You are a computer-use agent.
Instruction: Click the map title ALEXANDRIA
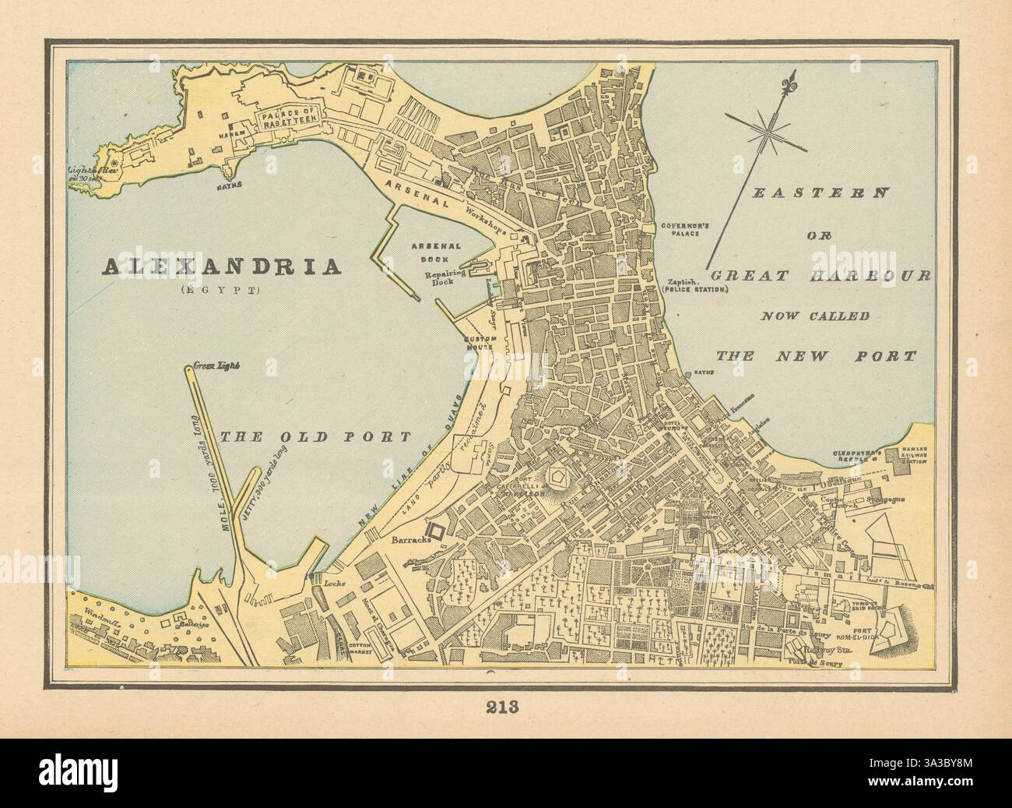[x=222, y=266]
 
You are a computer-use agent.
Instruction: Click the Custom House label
[x=480, y=344]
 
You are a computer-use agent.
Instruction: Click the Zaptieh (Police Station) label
[x=692, y=285]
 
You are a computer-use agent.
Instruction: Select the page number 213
[x=505, y=708]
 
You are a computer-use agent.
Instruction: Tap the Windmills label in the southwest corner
[x=89, y=616]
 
